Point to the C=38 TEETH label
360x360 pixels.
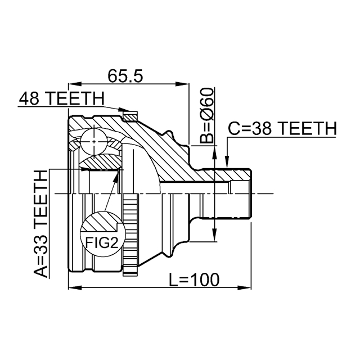(x=281, y=129)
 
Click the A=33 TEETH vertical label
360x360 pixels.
(x=41, y=225)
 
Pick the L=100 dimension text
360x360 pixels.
(x=195, y=279)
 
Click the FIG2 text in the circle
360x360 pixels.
(x=102, y=242)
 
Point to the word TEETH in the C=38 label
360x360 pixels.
(x=304, y=129)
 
